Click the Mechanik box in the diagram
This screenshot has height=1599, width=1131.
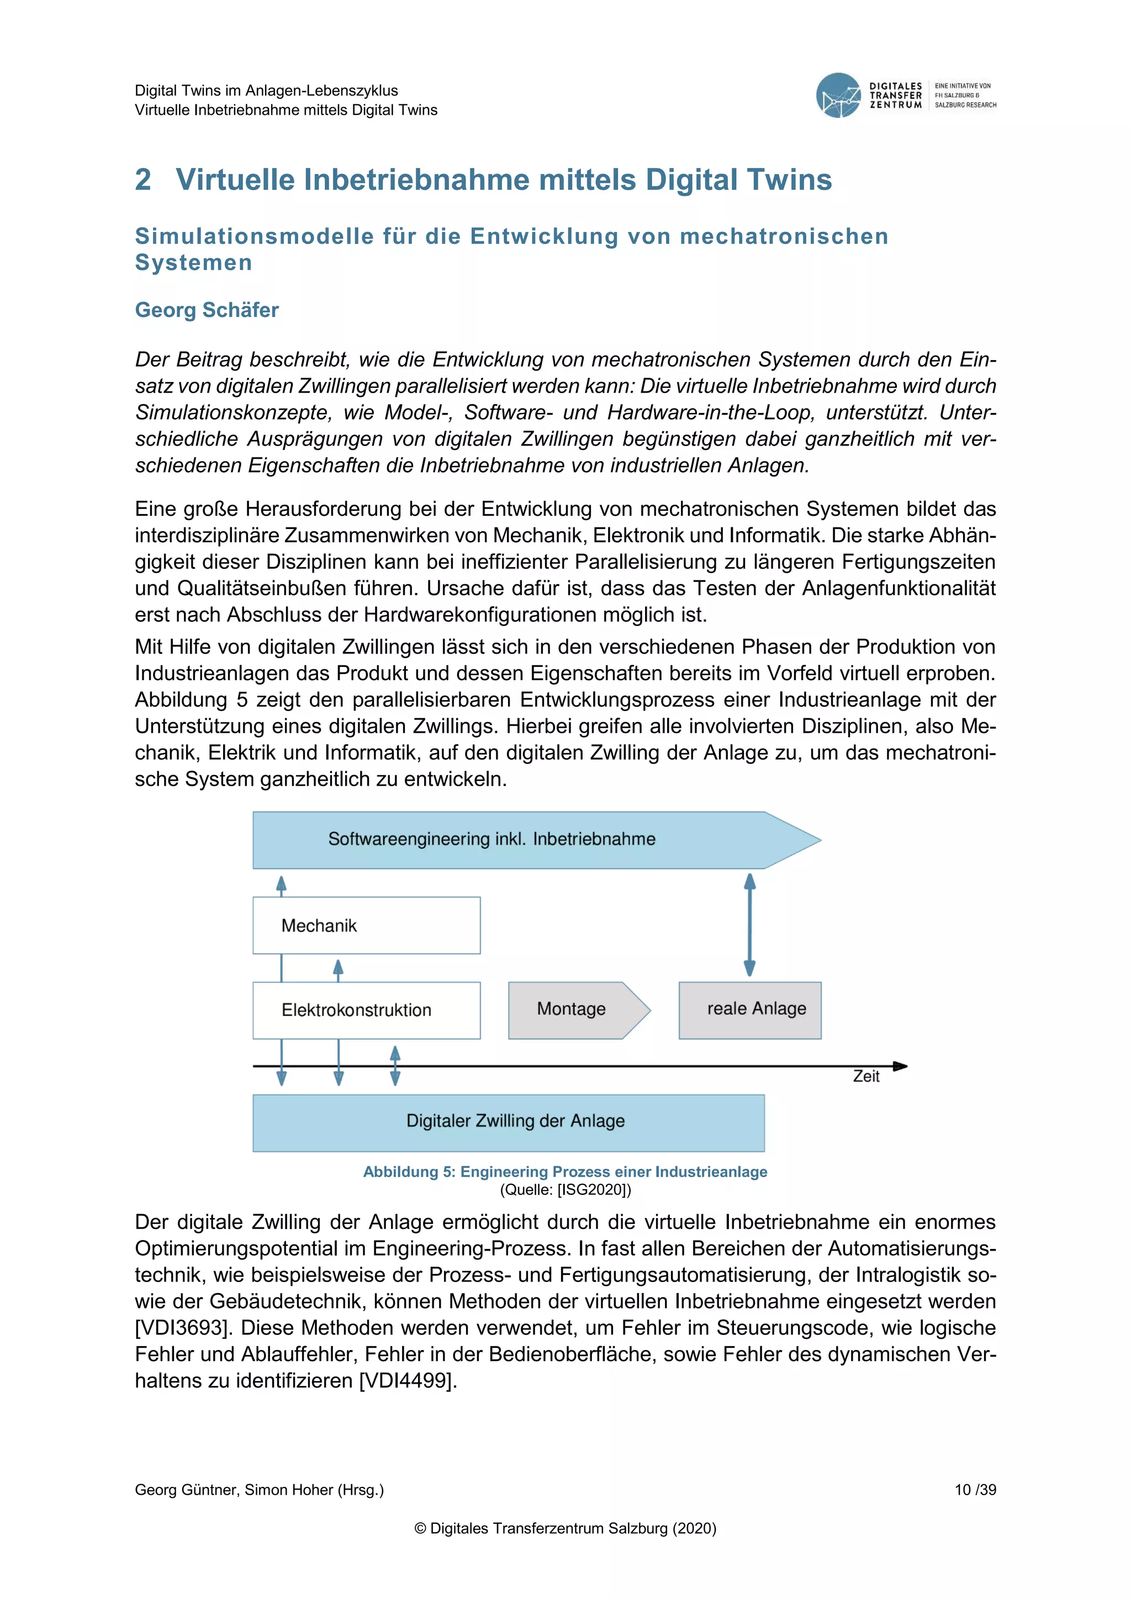(366, 925)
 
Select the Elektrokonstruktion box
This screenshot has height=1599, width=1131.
(366, 1010)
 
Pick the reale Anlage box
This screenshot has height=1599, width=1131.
(749, 1010)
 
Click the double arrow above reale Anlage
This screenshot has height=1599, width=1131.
(749, 925)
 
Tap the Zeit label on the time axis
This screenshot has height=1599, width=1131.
(866, 1077)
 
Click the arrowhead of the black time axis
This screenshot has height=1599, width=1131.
(901, 1066)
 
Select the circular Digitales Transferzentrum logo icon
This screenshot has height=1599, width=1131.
(838, 96)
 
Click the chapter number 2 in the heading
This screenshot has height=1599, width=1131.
(143, 179)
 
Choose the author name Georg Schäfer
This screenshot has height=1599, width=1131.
(207, 310)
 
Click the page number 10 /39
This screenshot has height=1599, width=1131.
(975, 1490)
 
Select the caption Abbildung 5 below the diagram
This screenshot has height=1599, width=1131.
(565, 1172)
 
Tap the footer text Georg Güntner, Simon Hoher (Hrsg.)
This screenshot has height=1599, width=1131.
(259, 1490)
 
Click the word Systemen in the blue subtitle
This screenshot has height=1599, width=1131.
(194, 263)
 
